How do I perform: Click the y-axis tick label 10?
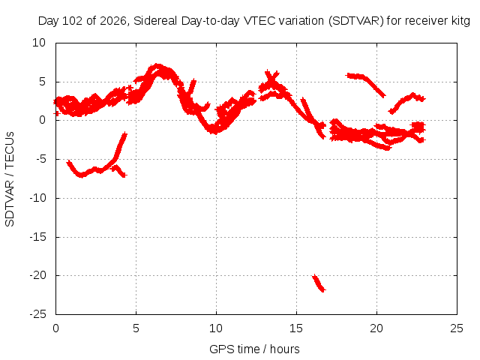39,43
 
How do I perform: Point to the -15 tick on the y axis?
37,237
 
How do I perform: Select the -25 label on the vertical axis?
37,314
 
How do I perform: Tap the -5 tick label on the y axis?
40,159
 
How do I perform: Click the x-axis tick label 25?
457,328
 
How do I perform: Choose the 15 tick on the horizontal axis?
296,328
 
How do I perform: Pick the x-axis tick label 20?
376,328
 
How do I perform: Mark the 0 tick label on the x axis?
55,328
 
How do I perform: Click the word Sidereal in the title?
155,21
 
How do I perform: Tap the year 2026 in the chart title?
112,21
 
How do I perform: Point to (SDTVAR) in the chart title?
356,21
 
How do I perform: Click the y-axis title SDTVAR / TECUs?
10,179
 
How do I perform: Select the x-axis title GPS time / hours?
254,349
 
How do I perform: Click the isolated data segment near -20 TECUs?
318,283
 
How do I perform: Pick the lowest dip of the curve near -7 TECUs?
81,175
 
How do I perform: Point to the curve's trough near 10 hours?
215,132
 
